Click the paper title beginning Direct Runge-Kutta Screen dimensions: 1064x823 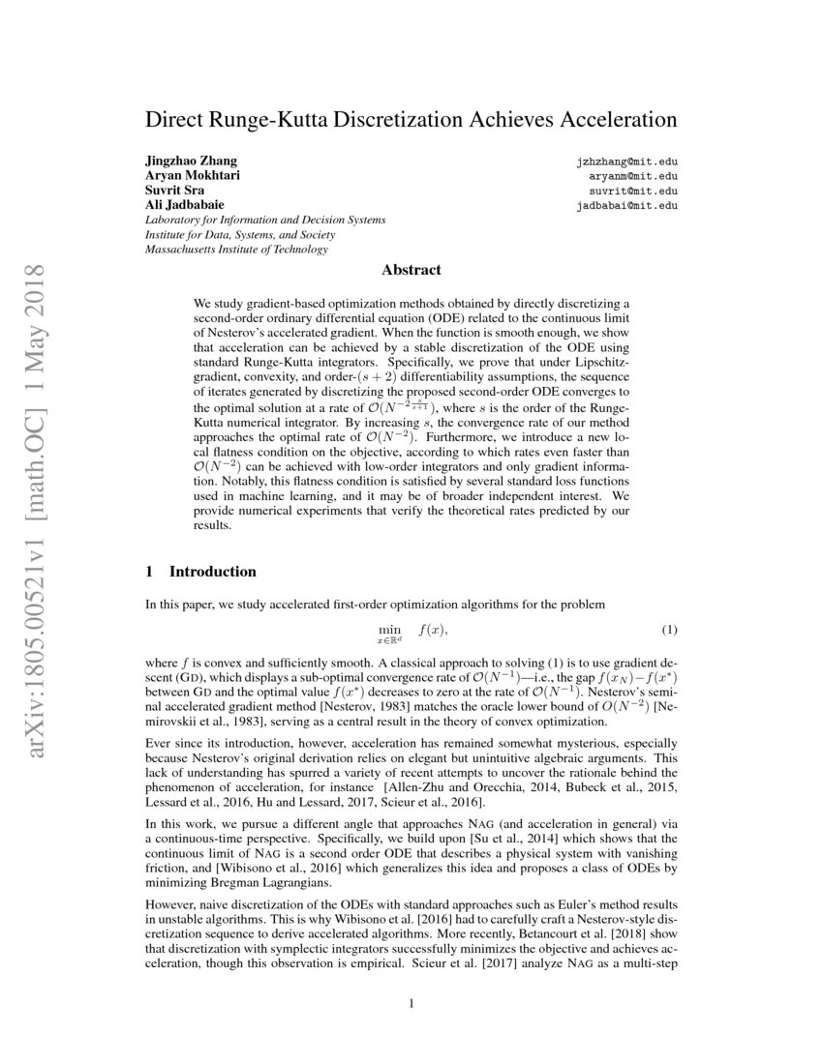(x=411, y=121)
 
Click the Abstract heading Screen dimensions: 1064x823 (x=411, y=270)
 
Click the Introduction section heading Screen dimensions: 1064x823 (x=212, y=571)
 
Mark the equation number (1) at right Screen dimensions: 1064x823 (x=669, y=631)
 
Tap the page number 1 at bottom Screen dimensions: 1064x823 (x=411, y=1003)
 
